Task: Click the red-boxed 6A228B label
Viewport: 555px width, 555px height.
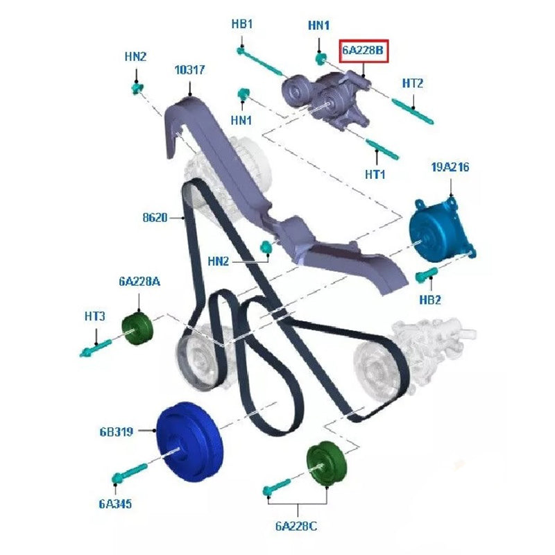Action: (364, 51)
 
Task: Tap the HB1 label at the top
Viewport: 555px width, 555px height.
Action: (242, 24)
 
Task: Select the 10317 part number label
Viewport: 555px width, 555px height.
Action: (189, 70)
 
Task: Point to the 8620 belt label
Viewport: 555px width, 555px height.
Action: (155, 217)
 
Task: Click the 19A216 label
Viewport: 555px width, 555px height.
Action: (450, 166)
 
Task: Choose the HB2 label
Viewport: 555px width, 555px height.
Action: (430, 300)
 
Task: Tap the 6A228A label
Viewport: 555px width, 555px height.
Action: (139, 282)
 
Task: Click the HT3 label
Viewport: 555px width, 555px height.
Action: (95, 316)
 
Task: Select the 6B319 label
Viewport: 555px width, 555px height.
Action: (117, 432)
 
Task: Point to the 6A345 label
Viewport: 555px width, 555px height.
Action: (115, 504)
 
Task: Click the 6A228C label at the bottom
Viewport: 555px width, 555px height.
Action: (296, 527)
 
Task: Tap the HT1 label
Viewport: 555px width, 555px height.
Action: (375, 174)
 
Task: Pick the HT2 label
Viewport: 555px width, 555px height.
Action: (413, 83)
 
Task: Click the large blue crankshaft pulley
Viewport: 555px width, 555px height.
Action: (189, 441)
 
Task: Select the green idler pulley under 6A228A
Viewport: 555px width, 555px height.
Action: (137, 329)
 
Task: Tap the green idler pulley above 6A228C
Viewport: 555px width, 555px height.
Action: (327, 463)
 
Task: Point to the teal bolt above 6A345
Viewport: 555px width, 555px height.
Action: (129, 472)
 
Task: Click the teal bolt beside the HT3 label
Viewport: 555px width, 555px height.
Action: (96, 348)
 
